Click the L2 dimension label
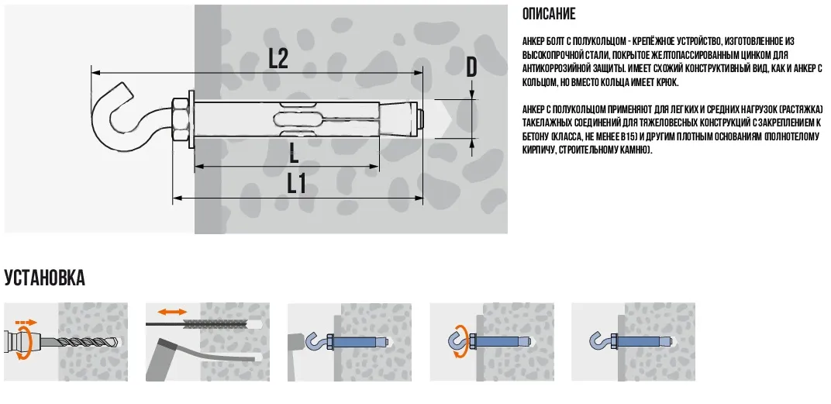pyautogui.click(x=278, y=58)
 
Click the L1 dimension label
pyautogui.click(x=297, y=184)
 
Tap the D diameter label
pyautogui.click(x=471, y=67)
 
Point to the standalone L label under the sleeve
pyautogui.click(x=294, y=154)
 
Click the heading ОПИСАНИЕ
pyautogui.click(x=549, y=14)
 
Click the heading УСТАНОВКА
pyautogui.click(x=44, y=278)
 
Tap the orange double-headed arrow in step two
pyautogui.click(x=173, y=312)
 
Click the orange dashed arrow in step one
pyautogui.click(x=26, y=321)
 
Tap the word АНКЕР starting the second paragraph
pyautogui.click(x=533, y=109)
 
